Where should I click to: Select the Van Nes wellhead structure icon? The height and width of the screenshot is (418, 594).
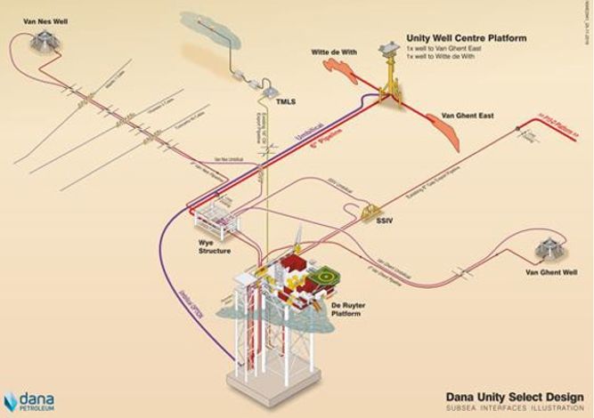click(x=40, y=37)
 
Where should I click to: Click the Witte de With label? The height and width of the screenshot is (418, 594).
click(x=334, y=53)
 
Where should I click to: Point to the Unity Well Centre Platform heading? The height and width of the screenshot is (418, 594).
click(x=466, y=39)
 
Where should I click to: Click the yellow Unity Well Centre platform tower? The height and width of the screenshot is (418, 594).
click(x=389, y=76)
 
